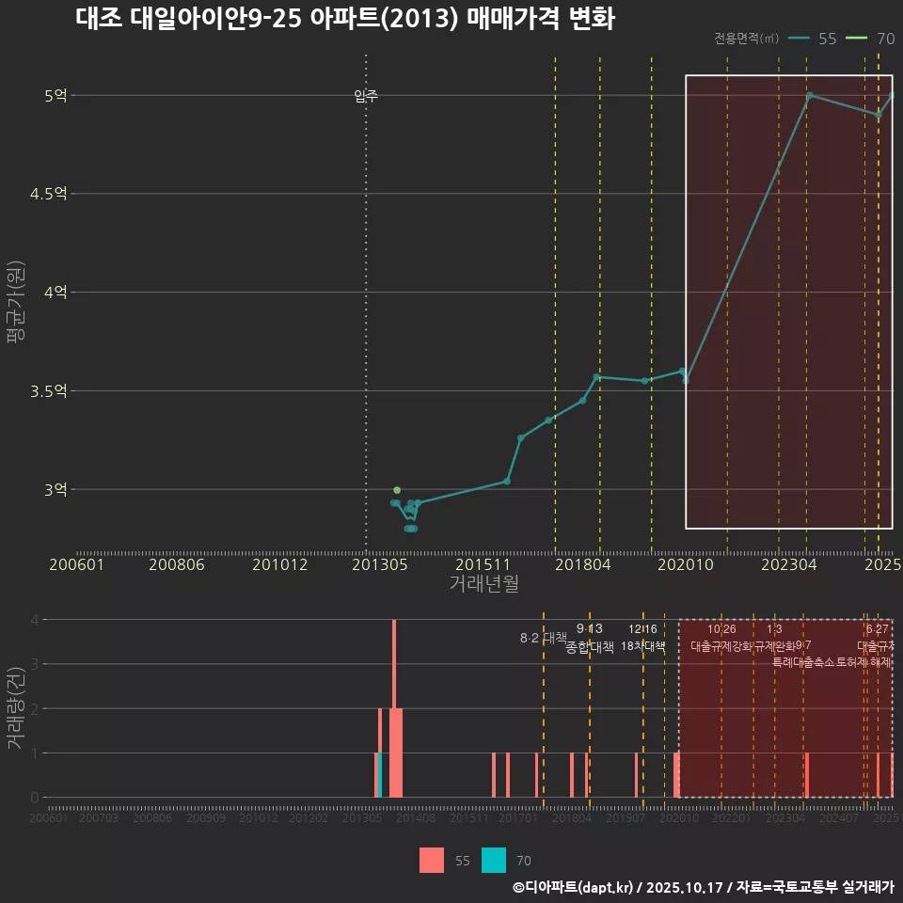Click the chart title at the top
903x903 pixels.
(344, 20)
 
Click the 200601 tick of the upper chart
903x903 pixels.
(76, 564)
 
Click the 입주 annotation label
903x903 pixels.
(366, 96)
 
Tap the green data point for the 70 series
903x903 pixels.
(397, 490)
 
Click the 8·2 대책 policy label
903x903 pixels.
(537, 638)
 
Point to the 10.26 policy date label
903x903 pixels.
(721, 629)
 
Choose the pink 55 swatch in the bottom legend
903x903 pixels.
(432, 860)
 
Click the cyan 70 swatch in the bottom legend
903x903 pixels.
(494, 860)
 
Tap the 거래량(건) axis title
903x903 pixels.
(15, 708)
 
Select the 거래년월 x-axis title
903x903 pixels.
(483, 583)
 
